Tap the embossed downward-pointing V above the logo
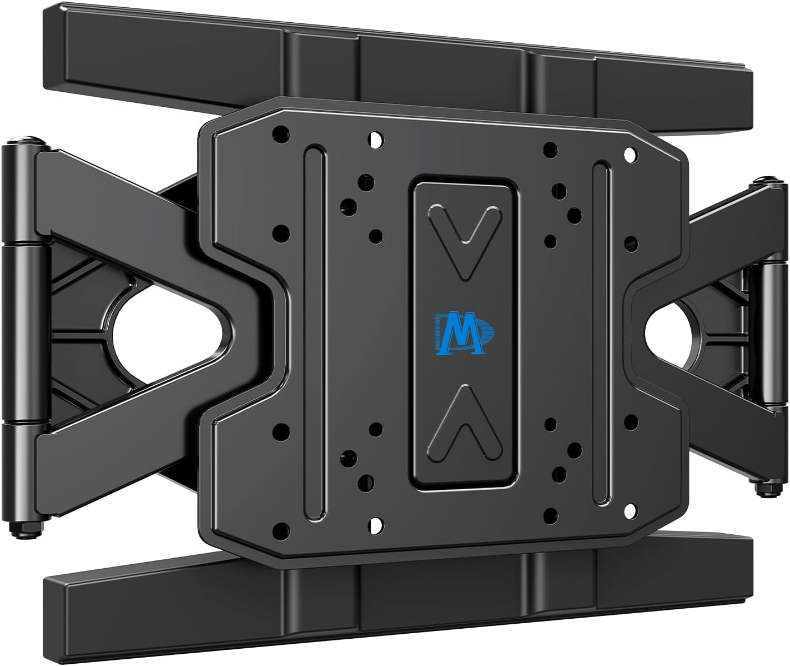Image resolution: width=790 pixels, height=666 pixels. (x=465, y=240)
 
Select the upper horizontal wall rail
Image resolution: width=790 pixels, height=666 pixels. (x=389, y=61)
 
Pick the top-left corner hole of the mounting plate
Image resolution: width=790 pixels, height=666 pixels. (x=281, y=133)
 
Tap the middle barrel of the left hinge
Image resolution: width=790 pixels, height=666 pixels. (x=26, y=332)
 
